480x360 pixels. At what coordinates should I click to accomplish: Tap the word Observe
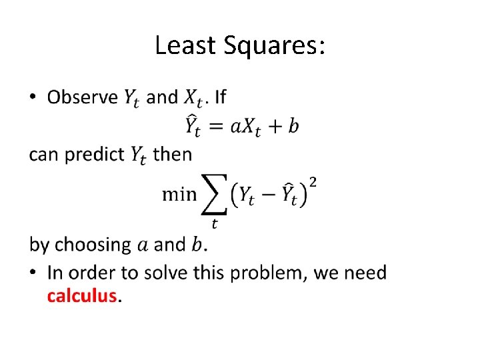pos(83,97)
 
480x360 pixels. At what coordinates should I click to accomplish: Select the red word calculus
pos(82,295)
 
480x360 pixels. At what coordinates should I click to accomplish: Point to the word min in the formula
pos(179,194)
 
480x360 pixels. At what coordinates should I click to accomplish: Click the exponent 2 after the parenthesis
pos(313,182)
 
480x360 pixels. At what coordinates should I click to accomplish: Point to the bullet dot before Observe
pos(34,98)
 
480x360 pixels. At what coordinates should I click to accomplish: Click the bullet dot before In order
pos(34,273)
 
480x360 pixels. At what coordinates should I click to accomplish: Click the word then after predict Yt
pos(172,155)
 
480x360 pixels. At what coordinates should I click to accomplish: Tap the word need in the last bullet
pos(365,273)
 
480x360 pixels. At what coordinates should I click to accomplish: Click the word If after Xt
pos(220,97)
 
